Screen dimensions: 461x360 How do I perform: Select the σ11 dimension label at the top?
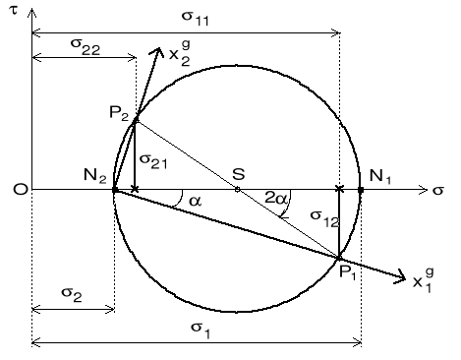[x=184, y=18]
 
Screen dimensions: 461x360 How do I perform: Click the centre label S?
[x=238, y=173]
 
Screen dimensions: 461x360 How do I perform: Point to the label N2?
[x=95, y=177]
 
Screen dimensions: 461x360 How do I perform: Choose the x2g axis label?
[x=180, y=57]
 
